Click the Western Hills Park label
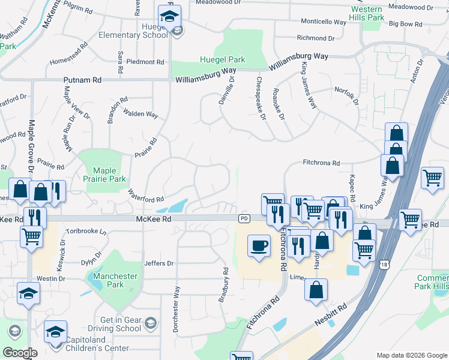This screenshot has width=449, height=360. pos(367,13)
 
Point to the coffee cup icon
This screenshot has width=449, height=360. pos(259,247)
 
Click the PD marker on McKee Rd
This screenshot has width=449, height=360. pos(244,219)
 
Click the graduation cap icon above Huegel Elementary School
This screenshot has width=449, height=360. pos(170,16)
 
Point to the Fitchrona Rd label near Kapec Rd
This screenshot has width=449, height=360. pos(321,163)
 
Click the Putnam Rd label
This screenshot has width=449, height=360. pos(82,80)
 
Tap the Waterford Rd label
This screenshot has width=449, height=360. pos(146,196)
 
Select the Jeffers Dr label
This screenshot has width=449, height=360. pos(158,263)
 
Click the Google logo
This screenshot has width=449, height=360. pos(20,353)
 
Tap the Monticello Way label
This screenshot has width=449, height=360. pos(324,22)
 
